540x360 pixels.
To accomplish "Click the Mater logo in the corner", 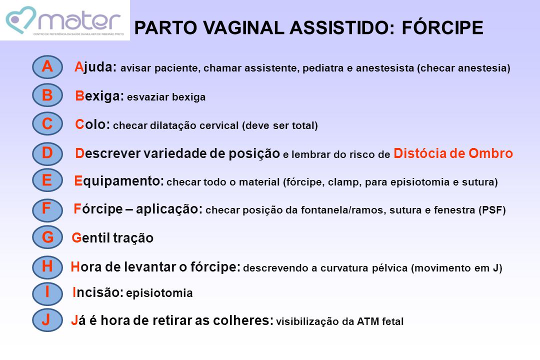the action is click(x=64, y=20).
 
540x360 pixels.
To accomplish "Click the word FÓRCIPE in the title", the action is click(x=442, y=27).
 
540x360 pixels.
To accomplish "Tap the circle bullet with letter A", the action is click(x=47, y=67).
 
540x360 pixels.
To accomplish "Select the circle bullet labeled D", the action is click(x=47, y=153).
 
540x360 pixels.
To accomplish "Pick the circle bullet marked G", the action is click(x=47, y=237).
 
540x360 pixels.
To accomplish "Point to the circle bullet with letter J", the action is click(x=47, y=320).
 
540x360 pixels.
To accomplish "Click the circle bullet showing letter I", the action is click(x=47, y=293).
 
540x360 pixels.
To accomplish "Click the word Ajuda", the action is click(x=95, y=67).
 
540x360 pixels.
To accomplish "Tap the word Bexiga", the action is click(x=99, y=96).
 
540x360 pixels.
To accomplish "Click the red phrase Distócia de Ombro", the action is click(x=453, y=153).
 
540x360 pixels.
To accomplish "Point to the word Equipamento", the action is click(x=119, y=181).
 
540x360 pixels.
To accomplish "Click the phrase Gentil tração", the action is click(x=112, y=237).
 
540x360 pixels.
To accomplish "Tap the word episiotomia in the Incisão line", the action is click(x=159, y=293).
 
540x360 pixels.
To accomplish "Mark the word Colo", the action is click(x=92, y=124).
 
